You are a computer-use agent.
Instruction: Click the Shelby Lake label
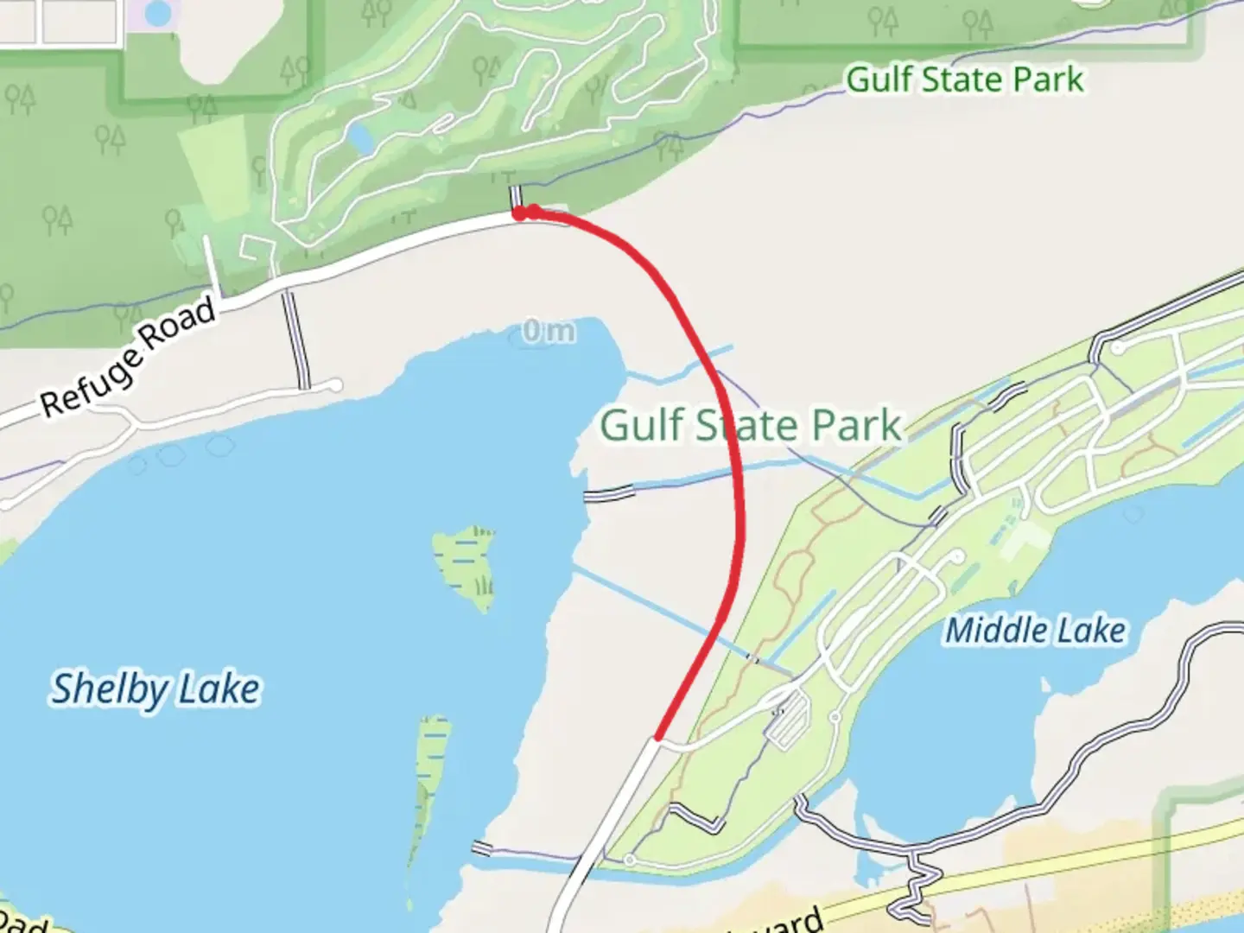click(x=155, y=689)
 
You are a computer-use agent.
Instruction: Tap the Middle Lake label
click(x=1035, y=630)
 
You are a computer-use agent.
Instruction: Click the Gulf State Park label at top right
click(x=963, y=79)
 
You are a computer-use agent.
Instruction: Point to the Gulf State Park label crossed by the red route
click(x=750, y=425)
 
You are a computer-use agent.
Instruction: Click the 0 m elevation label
click(x=548, y=330)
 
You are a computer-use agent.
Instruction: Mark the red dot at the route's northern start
click(x=520, y=213)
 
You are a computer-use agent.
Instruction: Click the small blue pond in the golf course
click(x=359, y=136)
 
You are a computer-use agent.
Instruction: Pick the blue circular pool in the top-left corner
click(x=157, y=12)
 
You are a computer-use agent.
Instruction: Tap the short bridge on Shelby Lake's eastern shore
click(x=609, y=493)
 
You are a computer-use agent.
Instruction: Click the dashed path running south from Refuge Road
click(x=295, y=339)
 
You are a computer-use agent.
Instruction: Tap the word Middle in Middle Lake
click(x=993, y=630)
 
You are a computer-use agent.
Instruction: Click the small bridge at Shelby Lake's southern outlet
click(x=481, y=848)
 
